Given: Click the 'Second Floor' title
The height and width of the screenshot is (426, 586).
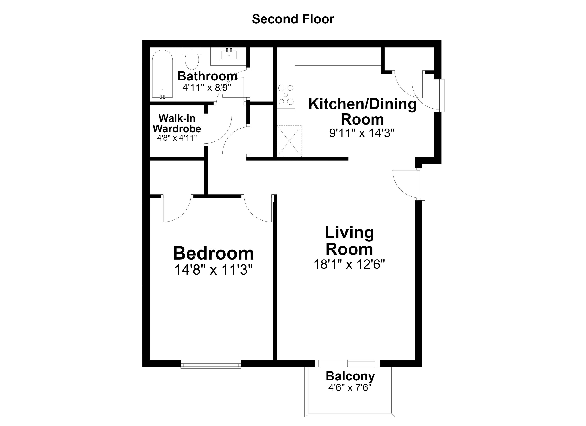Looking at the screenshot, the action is (x=293, y=19).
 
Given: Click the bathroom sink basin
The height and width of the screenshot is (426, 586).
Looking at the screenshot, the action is (x=229, y=55).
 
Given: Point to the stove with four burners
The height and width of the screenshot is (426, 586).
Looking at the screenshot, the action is (x=286, y=95).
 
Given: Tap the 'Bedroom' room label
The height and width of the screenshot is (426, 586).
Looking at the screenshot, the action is (x=213, y=253).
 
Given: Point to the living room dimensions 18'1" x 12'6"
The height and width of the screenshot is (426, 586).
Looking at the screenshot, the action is (x=349, y=264).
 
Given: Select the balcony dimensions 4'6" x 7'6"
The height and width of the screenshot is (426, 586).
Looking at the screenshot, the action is (x=350, y=388).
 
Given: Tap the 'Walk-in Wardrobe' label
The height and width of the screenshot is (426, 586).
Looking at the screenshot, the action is (x=177, y=124).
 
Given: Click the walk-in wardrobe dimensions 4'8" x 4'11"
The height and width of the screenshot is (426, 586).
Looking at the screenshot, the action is (x=177, y=138).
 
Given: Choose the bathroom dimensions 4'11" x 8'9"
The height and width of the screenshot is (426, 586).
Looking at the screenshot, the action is (x=207, y=88).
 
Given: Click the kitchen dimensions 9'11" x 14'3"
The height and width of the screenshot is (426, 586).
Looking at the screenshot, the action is (x=362, y=133).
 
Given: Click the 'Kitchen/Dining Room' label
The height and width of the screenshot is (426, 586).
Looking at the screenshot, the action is (x=362, y=112).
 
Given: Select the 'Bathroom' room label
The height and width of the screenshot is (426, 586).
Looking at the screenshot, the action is (x=207, y=76).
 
